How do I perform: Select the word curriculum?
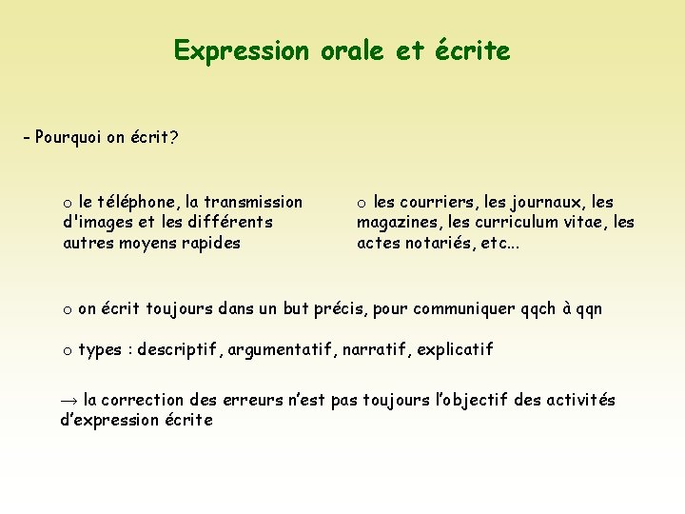[523, 222]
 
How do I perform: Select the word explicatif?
[452, 349]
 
